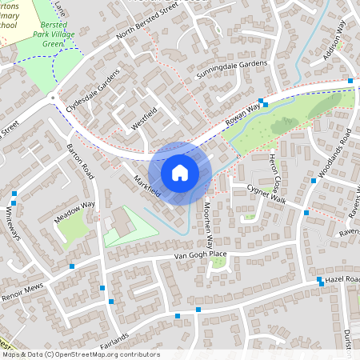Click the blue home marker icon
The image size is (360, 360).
(180, 172)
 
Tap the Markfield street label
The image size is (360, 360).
(147, 186)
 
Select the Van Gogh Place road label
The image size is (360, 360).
(191, 255)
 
